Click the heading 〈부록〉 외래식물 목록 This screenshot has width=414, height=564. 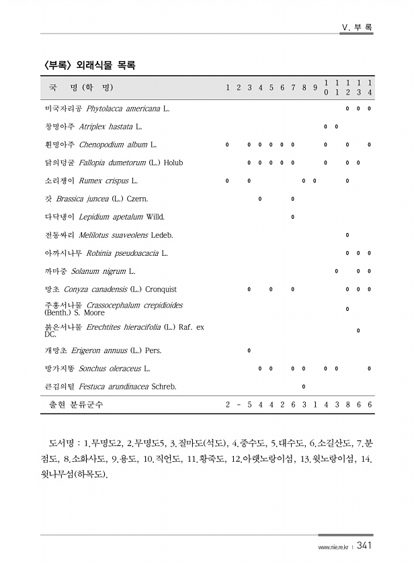[89, 65]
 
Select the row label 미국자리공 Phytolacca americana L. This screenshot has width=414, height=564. [107, 108]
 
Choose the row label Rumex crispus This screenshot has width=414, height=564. [91, 181]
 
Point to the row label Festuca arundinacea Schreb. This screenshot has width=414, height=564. [110, 387]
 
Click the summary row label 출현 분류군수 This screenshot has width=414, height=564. [76, 406]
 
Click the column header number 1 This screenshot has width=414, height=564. [228, 88]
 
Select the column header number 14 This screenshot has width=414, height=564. [369, 87]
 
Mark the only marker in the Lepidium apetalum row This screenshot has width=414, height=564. [293, 217]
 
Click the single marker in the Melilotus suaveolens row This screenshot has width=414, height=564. [347, 235]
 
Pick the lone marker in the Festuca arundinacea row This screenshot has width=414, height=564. [304, 387]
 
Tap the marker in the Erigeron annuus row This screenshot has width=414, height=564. [249, 350]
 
